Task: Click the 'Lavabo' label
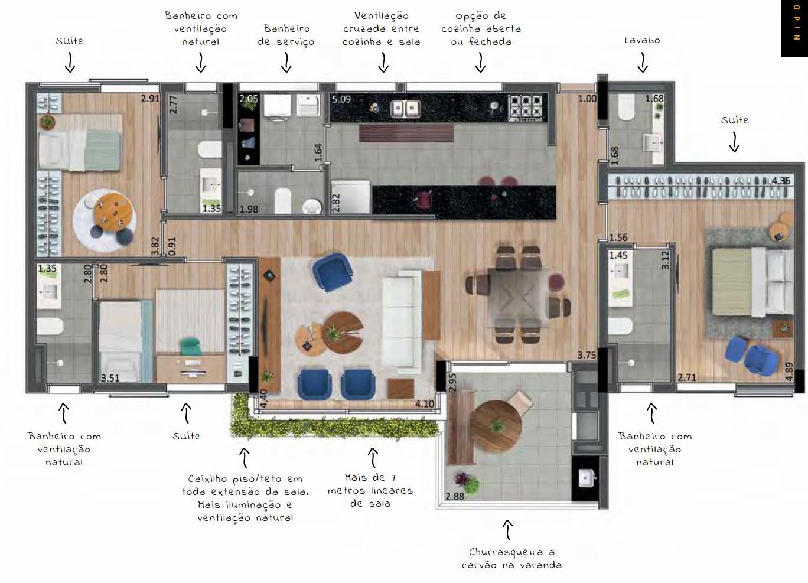click(642, 40)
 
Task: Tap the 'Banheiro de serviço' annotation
click(286, 35)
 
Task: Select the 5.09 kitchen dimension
click(341, 99)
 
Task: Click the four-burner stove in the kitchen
click(525, 107)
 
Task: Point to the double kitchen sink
click(405, 108)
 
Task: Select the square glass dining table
click(519, 297)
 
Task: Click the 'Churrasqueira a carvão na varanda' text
click(511, 558)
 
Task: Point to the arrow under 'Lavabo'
click(643, 62)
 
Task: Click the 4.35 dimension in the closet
click(781, 180)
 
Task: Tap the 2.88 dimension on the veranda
click(455, 496)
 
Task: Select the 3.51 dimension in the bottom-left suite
click(110, 377)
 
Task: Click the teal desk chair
click(190, 346)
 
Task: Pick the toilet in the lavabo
click(626, 107)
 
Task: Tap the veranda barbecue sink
click(586, 478)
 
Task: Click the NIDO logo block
click(794, 28)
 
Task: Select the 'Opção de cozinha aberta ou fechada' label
click(481, 28)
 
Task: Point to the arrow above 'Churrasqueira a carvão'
click(507, 530)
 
